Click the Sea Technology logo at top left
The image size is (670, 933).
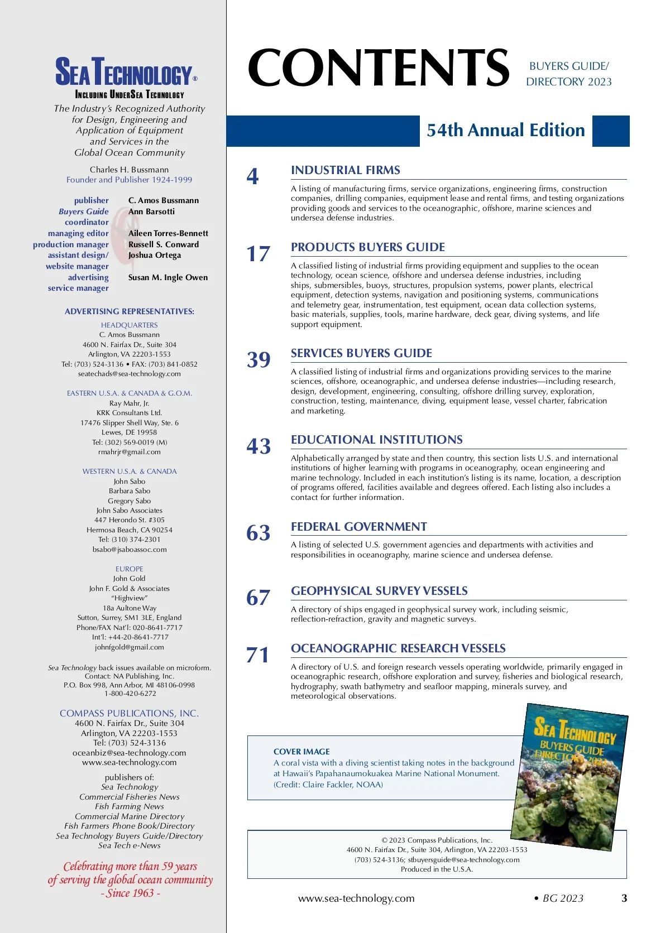[126, 73]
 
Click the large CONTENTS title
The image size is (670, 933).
[379, 68]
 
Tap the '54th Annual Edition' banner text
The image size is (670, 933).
[505, 131]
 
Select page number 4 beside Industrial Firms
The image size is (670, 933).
[253, 177]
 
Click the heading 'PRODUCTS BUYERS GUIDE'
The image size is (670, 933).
[368, 247]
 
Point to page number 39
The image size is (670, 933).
[259, 360]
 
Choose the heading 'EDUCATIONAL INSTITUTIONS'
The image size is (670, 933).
[376, 440]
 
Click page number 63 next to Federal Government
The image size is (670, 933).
[258, 533]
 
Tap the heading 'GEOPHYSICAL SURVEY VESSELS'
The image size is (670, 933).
[379, 591]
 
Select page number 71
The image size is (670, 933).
[257, 655]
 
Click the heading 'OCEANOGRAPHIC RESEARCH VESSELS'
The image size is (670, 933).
[398, 648]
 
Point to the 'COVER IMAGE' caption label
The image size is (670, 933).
[301, 752]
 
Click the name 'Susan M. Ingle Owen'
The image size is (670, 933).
[167, 277]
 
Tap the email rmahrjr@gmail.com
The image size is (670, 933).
[130, 452]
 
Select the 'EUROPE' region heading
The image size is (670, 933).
[130, 569]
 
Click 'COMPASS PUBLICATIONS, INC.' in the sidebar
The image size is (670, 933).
[129, 713]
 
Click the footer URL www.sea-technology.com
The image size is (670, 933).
[356, 898]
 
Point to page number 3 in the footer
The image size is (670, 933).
[624, 898]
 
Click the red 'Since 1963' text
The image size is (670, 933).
[131, 893]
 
